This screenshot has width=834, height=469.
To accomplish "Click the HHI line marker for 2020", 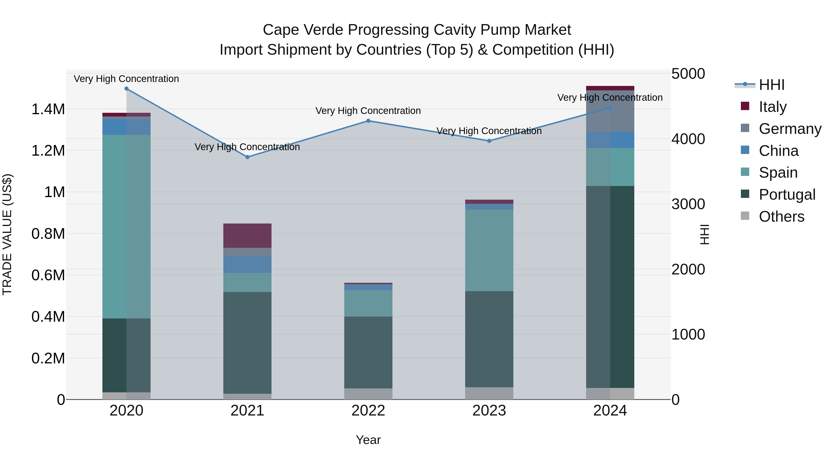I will (x=126, y=89).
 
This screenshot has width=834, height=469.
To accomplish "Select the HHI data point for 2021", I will (x=247, y=157).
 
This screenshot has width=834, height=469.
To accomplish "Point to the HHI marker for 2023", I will (x=489, y=141).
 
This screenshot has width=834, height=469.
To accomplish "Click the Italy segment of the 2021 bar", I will (x=247, y=236).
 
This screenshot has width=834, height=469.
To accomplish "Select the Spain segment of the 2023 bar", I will (x=489, y=250).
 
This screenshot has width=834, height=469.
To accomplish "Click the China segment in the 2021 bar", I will (x=247, y=264).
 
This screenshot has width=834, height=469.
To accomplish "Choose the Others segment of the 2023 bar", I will (x=489, y=393).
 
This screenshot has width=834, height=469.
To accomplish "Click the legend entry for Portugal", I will (x=787, y=195).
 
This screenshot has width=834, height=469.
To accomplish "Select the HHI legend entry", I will (x=771, y=85).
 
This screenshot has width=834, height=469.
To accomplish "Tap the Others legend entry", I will (x=781, y=217).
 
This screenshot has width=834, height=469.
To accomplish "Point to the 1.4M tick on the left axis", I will (x=48, y=109).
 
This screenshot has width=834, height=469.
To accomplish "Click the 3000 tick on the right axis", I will (x=688, y=204).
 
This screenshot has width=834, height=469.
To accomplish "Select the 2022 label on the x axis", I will (x=368, y=411).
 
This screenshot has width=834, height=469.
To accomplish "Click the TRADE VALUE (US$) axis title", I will (x=7, y=234).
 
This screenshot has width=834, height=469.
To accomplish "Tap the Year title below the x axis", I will (x=368, y=440).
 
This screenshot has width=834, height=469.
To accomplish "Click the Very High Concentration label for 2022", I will (x=368, y=111).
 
